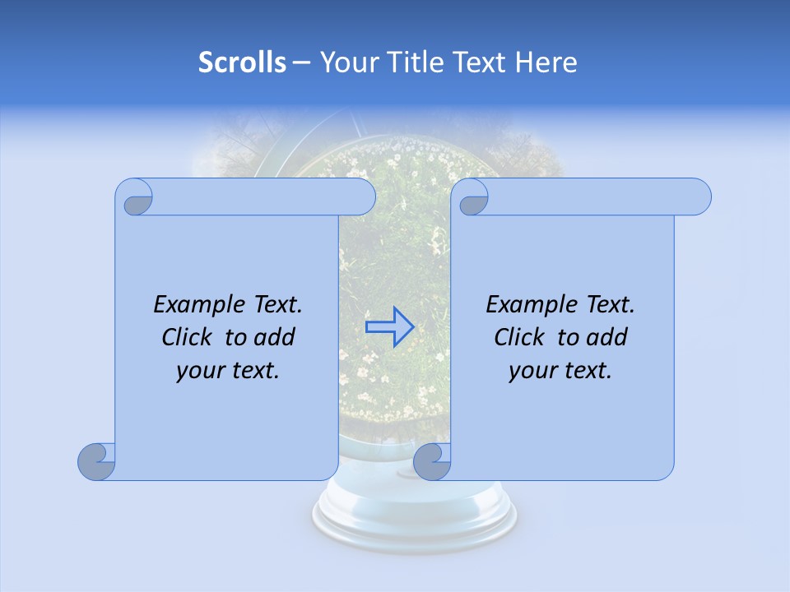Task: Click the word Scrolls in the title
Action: [242, 62]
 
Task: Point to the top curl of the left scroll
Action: [135, 198]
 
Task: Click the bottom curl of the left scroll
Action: [97, 461]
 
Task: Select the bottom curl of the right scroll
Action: [432, 461]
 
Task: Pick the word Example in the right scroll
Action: [528, 305]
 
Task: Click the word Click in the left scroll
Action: [186, 338]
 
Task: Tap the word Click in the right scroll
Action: [518, 338]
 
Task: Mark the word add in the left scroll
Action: [275, 338]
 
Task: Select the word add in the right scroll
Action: [607, 338]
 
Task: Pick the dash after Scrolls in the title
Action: [301, 62]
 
